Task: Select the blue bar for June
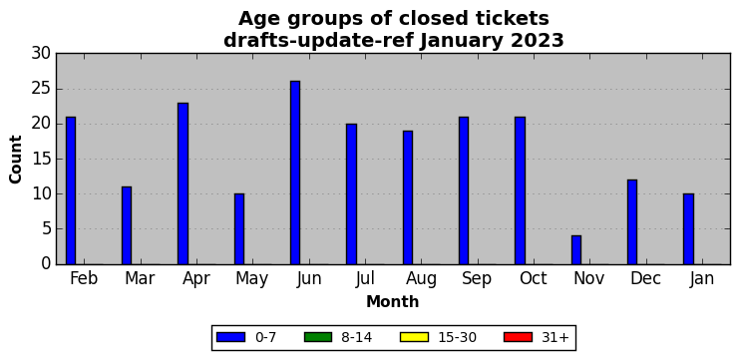[x=295, y=173]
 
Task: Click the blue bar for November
[x=576, y=250]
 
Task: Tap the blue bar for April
[x=183, y=183]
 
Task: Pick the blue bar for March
[x=127, y=225]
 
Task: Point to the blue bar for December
[x=632, y=222]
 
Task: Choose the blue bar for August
[x=408, y=197]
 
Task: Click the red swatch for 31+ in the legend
[x=518, y=337]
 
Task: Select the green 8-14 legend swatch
[x=318, y=337]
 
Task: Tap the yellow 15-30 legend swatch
[x=414, y=337]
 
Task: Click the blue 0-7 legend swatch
[x=230, y=337]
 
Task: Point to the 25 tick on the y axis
[x=41, y=89]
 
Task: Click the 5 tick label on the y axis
[x=46, y=229]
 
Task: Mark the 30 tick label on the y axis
[x=41, y=54]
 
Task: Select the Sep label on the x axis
[x=476, y=279]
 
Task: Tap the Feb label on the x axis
[x=84, y=279]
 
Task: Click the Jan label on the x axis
[x=701, y=279]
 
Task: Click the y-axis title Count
[x=16, y=159]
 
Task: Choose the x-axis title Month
[x=393, y=301]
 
